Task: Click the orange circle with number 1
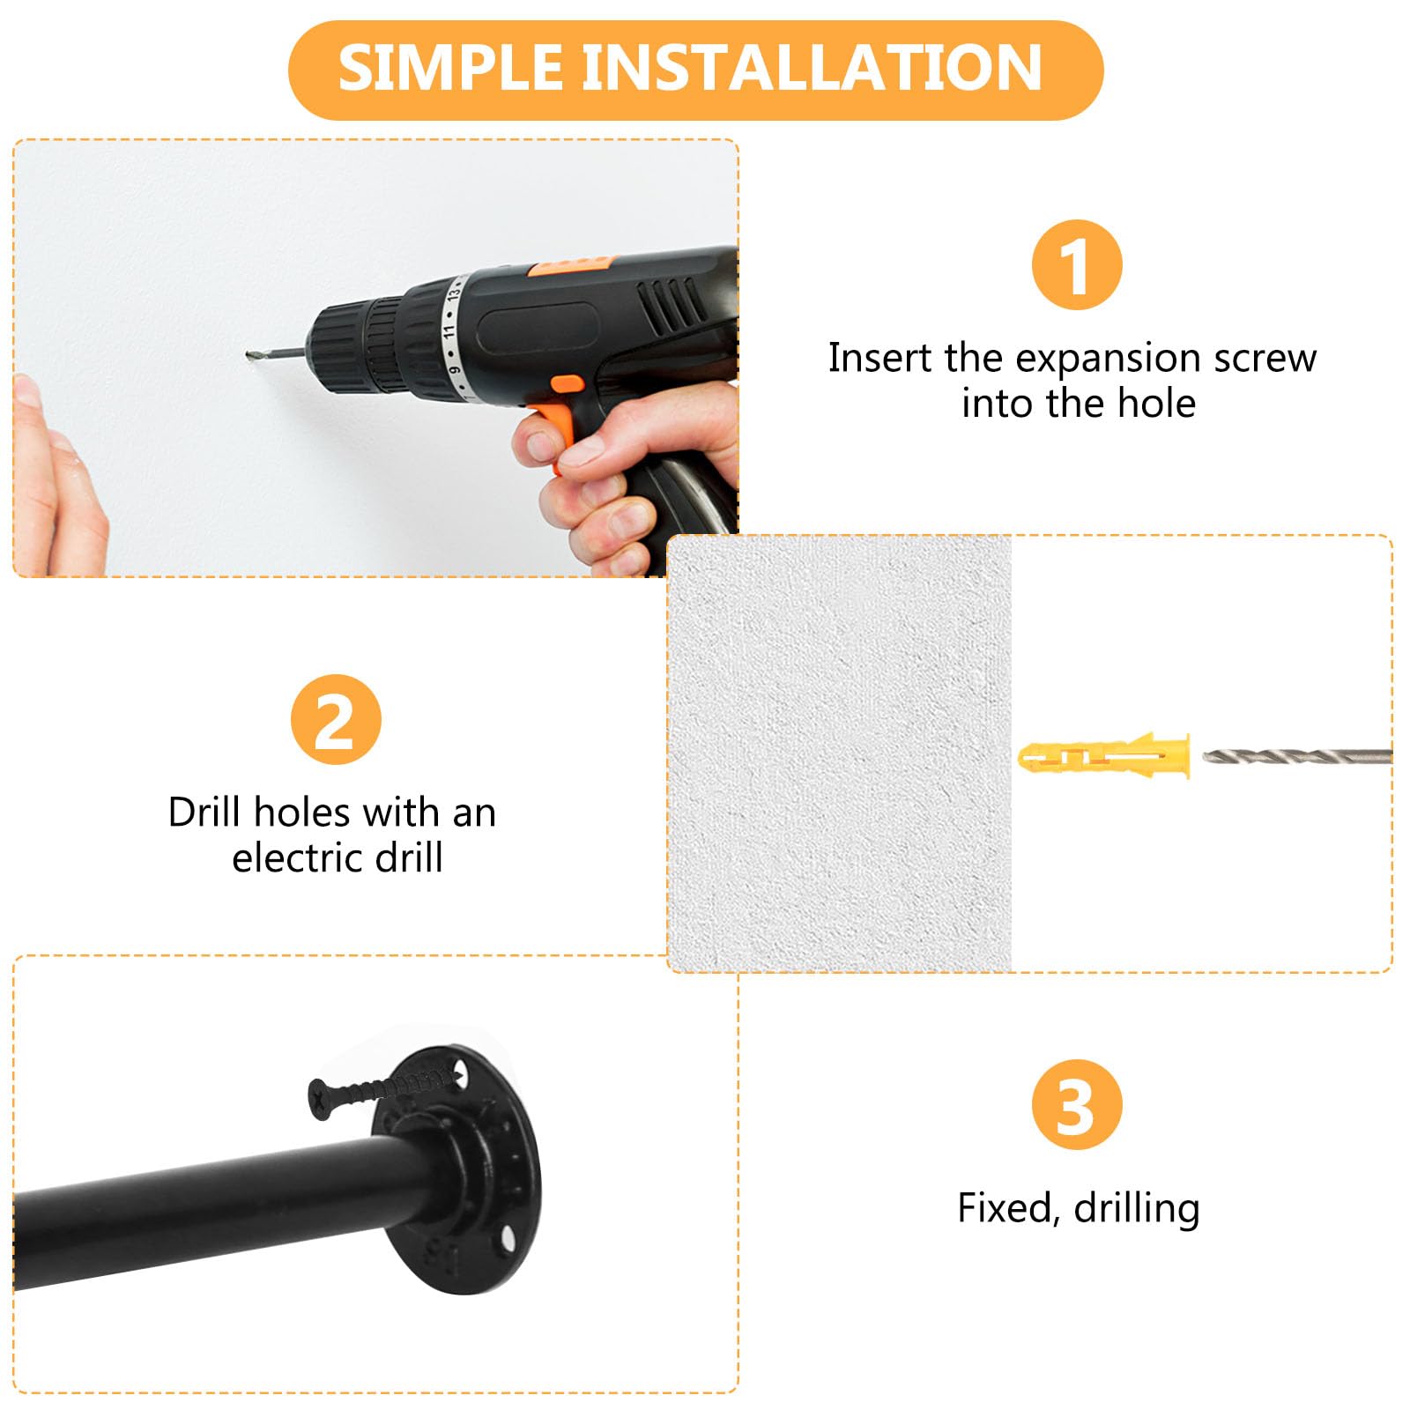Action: click(x=1077, y=265)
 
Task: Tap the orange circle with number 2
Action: click(x=336, y=720)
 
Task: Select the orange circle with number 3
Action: click(x=1077, y=1104)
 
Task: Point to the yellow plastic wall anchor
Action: click(x=1104, y=755)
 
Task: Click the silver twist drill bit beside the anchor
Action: click(x=1297, y=755)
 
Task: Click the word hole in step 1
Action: click(x=1156, y=404)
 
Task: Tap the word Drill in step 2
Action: click(x=205, y=812)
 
